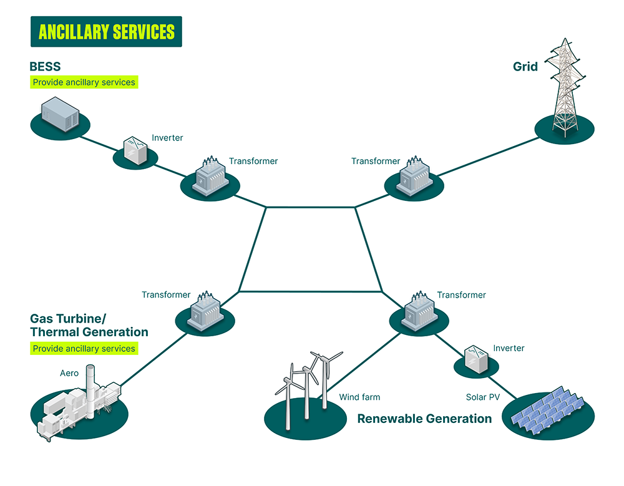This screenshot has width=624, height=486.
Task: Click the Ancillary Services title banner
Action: [106, 32]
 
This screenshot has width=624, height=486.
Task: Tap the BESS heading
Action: [45, 66]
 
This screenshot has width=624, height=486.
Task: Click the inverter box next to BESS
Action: [135, 150]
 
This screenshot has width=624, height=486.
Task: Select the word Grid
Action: [525, 66]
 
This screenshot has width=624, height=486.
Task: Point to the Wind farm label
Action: [359, 397]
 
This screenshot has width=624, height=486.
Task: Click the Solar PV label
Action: [483, 397]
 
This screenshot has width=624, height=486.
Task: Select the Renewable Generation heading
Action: [424, 419]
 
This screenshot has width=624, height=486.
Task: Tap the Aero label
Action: [69, 373]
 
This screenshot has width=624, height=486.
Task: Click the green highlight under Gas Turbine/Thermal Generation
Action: [84, 348]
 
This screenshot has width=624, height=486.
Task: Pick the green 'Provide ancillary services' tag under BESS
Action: [84, 82]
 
